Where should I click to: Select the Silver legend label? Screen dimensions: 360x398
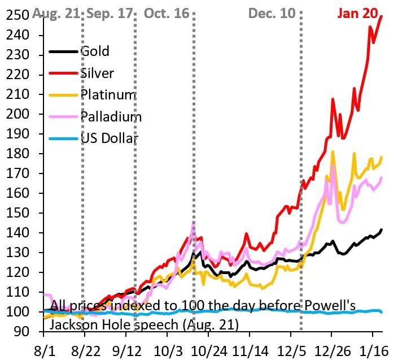pos(97,73)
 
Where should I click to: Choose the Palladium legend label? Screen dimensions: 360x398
pos(111,117)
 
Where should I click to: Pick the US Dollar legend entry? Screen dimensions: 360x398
pos(110,138)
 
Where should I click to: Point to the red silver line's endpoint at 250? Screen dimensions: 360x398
pos(382,16)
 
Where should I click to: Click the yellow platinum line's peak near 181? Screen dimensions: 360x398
pos(333,152)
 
